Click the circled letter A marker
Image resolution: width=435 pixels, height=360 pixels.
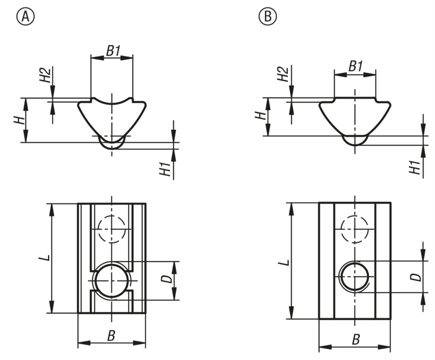[24, 17]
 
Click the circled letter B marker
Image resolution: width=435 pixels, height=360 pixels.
[267, 17]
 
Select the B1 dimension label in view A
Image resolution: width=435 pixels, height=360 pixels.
[113, 50]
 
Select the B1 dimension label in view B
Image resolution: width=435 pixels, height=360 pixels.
[355, 67]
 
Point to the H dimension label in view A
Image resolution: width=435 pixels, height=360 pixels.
[20, 120]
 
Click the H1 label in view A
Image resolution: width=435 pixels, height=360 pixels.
[166, 169]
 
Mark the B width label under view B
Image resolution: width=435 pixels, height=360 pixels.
[356, 339]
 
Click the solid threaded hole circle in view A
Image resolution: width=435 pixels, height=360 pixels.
[111, 280]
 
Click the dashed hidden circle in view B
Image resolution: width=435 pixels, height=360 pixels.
[355, 228]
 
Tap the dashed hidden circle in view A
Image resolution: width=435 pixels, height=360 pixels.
[111, 228]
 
